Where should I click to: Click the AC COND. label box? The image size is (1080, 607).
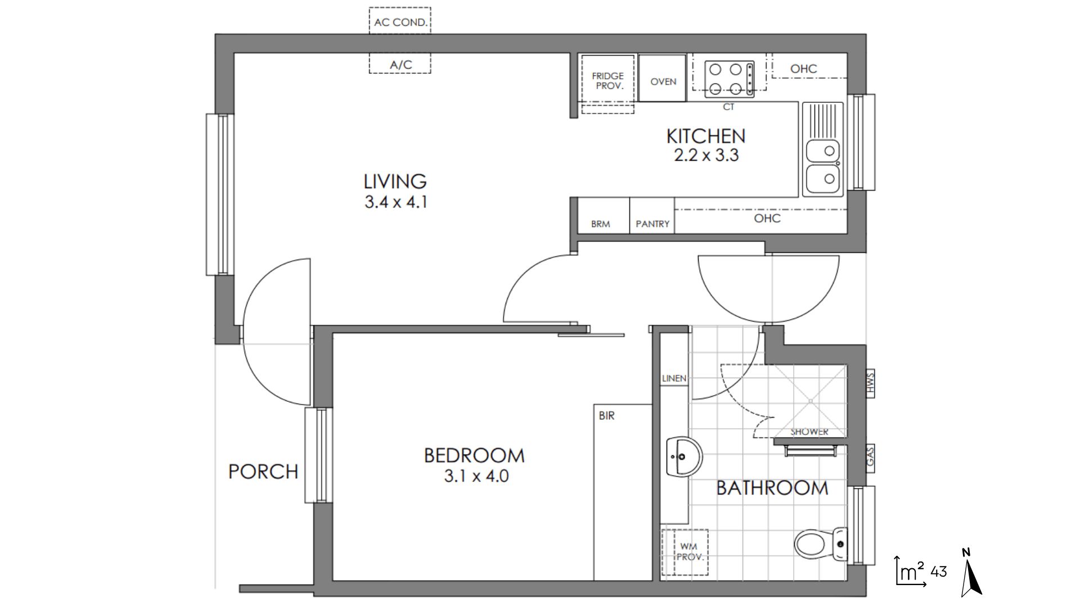400,21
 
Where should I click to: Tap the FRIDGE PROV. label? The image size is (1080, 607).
607,81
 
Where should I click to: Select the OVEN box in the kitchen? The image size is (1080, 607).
663,78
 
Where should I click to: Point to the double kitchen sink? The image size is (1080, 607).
822,150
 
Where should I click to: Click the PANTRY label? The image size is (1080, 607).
652,224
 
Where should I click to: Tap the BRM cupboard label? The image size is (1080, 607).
601,224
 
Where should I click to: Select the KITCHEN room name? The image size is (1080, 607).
706,136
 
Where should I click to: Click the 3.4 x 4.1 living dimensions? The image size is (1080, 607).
396,202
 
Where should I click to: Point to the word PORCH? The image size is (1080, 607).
263,472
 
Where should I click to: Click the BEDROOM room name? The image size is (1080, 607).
474,455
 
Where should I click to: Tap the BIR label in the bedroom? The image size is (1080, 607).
607,416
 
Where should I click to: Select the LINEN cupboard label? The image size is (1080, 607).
674,378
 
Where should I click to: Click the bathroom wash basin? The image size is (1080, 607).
684,456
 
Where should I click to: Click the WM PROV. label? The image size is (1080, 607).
690,551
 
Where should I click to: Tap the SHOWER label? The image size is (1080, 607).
809,432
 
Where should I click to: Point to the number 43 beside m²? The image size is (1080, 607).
939,572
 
